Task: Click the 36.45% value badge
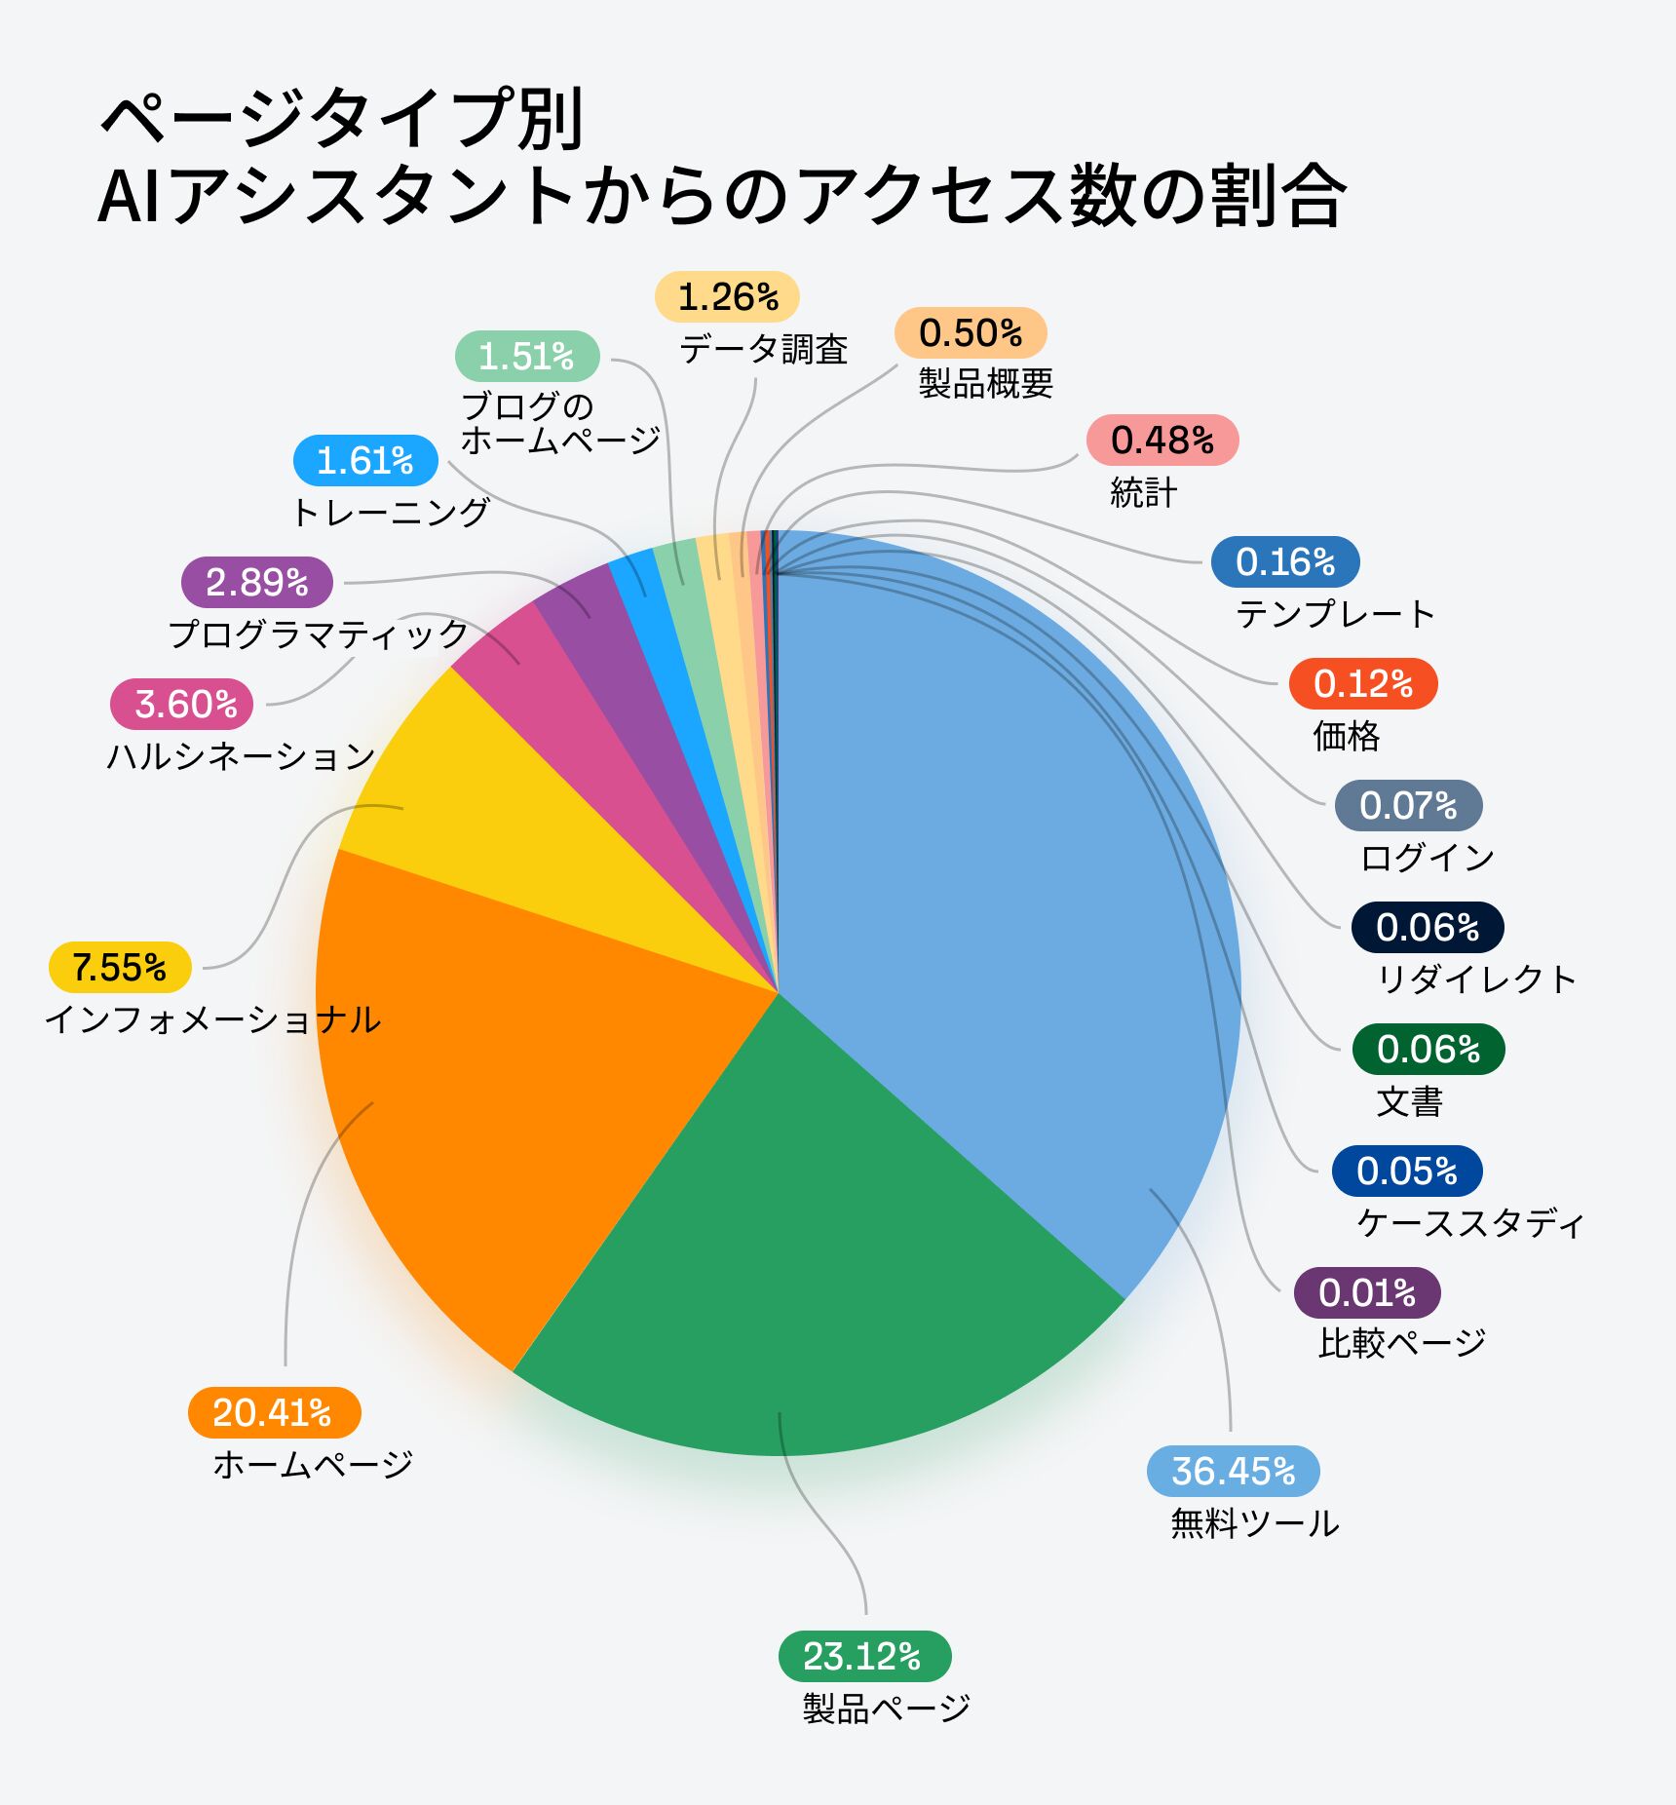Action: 1233,1471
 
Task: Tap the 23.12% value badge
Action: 863,1656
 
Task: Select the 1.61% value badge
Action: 365,460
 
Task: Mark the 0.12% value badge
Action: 1362,683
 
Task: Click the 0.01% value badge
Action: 1366,1292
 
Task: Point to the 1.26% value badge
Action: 727,296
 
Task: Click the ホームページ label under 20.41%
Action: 313,1464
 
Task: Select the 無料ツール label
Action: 1254,1522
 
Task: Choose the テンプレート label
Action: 1335,614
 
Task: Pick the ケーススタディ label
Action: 1469,1222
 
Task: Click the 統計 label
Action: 1143,492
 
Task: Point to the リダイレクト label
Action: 1476,979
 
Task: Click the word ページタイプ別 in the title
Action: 341,119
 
